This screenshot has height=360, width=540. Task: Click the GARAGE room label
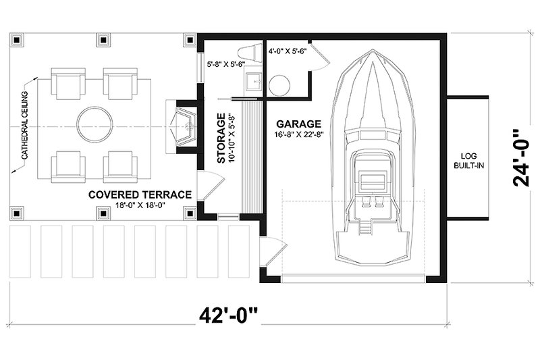[298, 124]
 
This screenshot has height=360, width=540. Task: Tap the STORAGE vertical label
[221, 138]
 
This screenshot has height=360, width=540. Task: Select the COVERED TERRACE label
[140, 195]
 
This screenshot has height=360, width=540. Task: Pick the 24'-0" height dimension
[520, 158]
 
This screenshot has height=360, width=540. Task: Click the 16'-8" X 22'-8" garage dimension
[298, 134]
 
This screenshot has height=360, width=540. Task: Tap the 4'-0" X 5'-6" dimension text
[288, 51]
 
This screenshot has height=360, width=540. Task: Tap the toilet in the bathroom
[251, 52]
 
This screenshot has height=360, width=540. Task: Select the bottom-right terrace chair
[120, 165]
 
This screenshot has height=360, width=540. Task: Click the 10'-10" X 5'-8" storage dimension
[230, 137]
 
